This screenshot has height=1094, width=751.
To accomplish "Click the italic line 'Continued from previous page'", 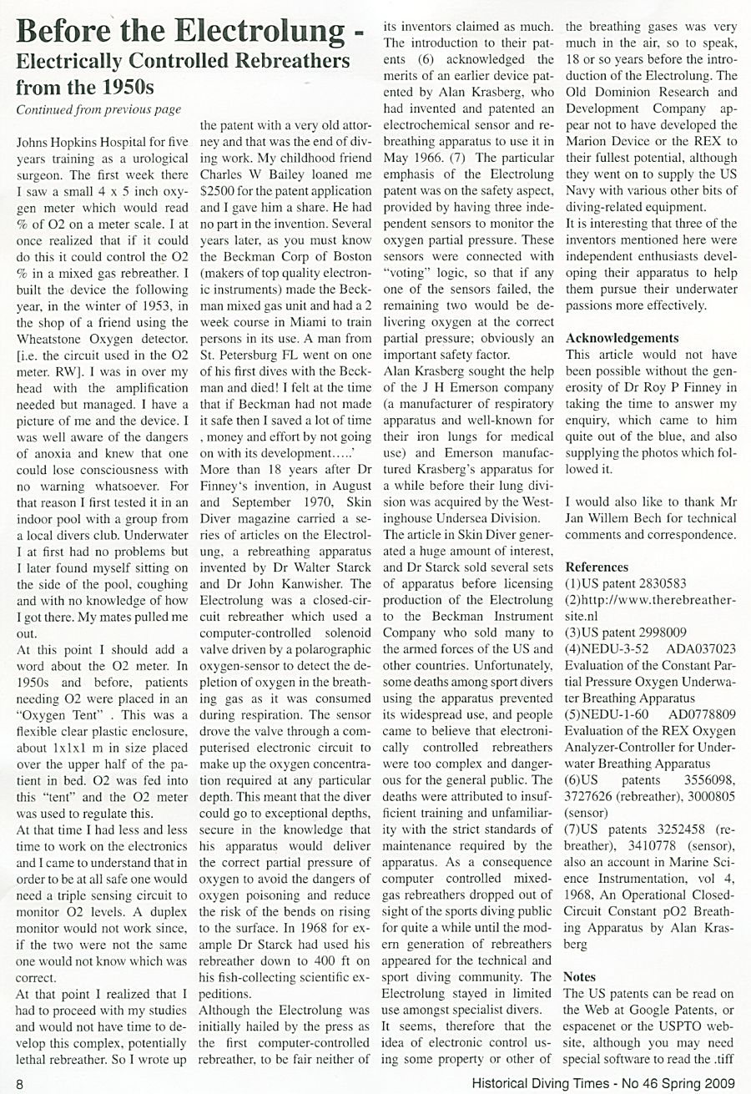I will point(98,109).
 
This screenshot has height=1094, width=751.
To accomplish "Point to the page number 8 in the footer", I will point(8,1083).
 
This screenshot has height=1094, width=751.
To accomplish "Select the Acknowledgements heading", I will point(622,338).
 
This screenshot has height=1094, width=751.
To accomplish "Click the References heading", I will point(597,567).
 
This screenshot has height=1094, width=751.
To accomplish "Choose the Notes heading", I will point(580,976).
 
